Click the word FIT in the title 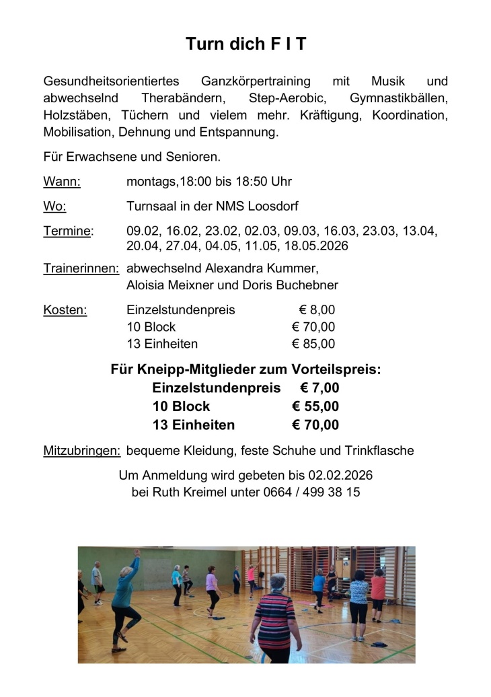(x=286, y=44)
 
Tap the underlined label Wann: (x=62, y=182)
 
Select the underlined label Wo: (x=54, y=206)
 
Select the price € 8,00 (x=317, y=310)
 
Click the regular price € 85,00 (x=313, y=344)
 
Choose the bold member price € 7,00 (x=319, y=388)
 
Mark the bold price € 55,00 (x=315, y=406)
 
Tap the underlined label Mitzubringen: (x=81, y=450)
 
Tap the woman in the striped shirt (x=274, y=616)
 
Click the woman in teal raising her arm (x=126, y=592)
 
